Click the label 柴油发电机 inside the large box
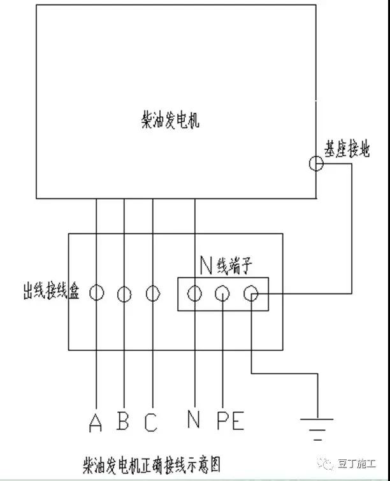(x=170, y=120)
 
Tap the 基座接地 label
(x=347, y=149)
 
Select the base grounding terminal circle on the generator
(x=309, y=163)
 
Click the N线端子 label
(x=226, y=265)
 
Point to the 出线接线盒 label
(x=51, y=290)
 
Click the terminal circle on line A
(x=90, y=293)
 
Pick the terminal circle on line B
(x=118, y=294)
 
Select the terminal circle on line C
(x=146, y=293)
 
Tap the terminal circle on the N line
(x=187, y=293)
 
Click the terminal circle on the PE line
(x=215, y=293)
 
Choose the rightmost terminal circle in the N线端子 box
(x=244, y=293)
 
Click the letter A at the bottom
(x=96, y=422)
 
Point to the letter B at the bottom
(x=123, y=420)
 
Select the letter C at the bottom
(x=151, y=422)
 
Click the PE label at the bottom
(x=231, y=420)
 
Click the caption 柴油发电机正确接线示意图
(x=151, y=465)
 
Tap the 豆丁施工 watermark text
(x=357, y=464)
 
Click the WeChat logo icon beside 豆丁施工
(x=326, y=464)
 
